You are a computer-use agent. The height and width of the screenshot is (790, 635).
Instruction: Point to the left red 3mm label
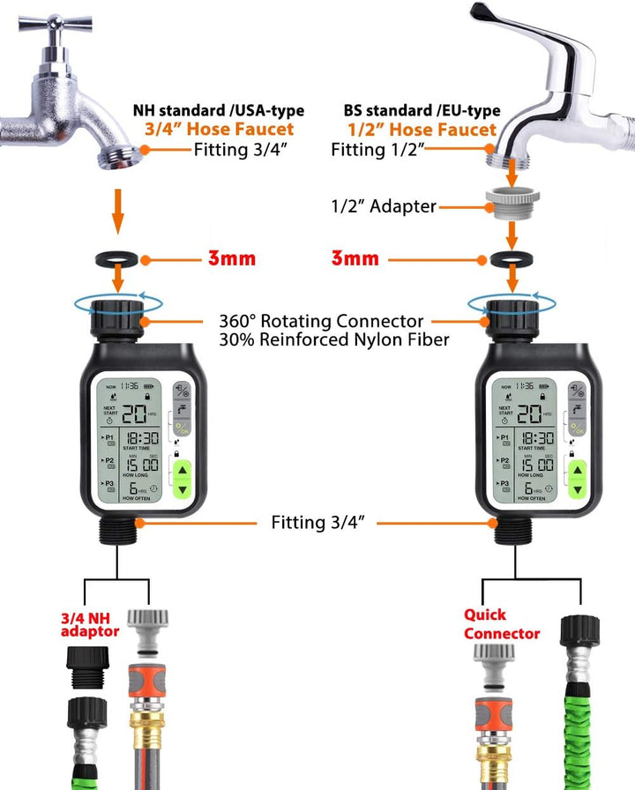(x=231, y=259)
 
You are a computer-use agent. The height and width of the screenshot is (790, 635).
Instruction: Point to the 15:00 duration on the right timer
(x=535, y=464)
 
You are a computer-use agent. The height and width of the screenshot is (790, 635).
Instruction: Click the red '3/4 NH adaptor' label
(x=89, y=624)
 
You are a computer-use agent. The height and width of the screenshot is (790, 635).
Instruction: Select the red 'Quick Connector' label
(x=501, y=625)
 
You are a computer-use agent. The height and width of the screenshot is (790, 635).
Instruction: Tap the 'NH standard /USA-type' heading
(x=218, y=111)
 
